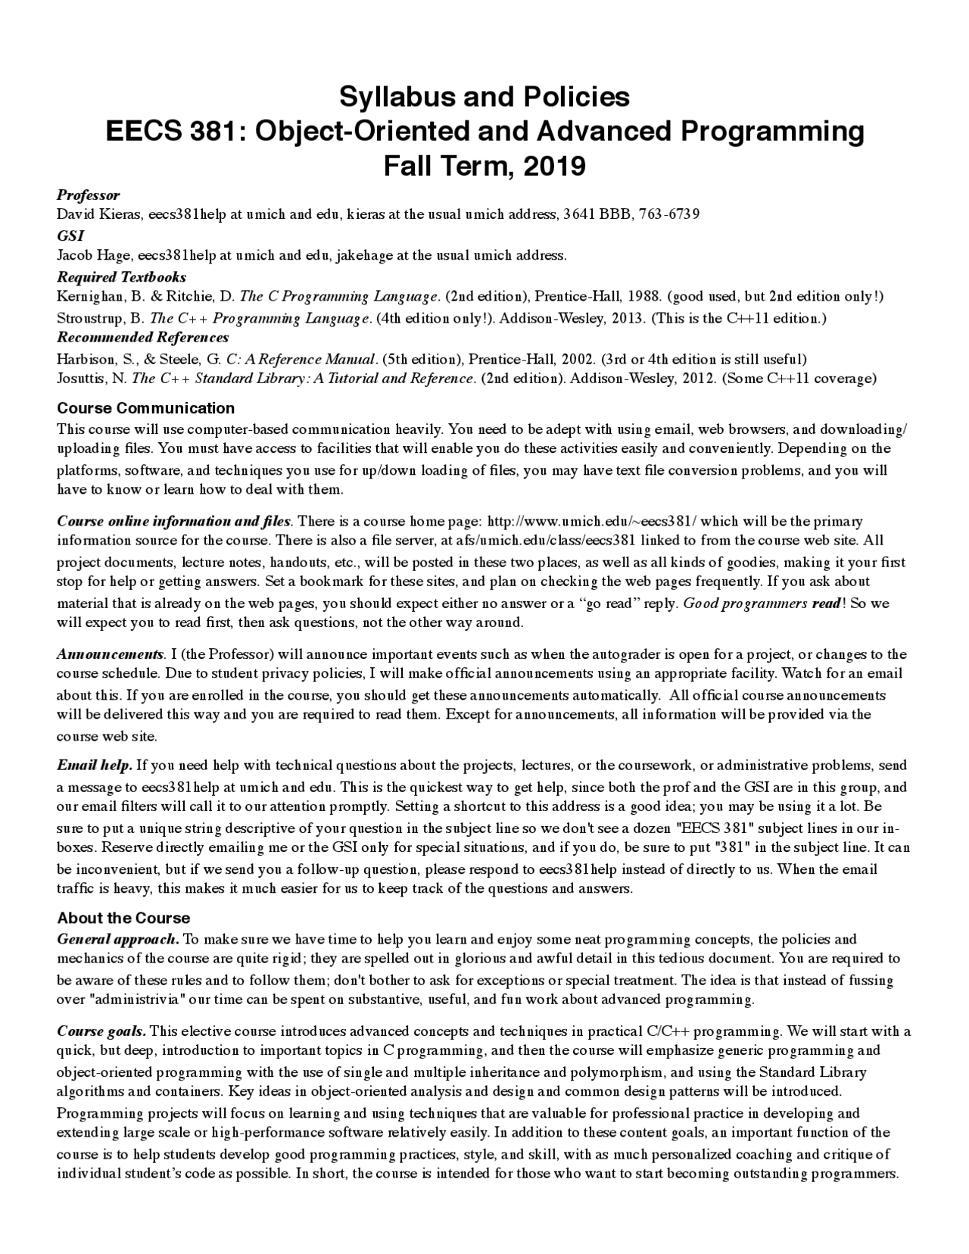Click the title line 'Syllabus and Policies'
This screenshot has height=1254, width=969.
[484, 97]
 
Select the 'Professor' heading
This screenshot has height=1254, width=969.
[89, 195]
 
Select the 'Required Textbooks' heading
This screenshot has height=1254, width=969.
[122, 276]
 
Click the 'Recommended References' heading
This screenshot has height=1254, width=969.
[143, 337]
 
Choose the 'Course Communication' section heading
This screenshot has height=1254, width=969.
[146, 408]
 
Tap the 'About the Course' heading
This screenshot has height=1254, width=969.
[123, 918]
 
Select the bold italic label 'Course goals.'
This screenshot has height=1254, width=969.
[102, 1031]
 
